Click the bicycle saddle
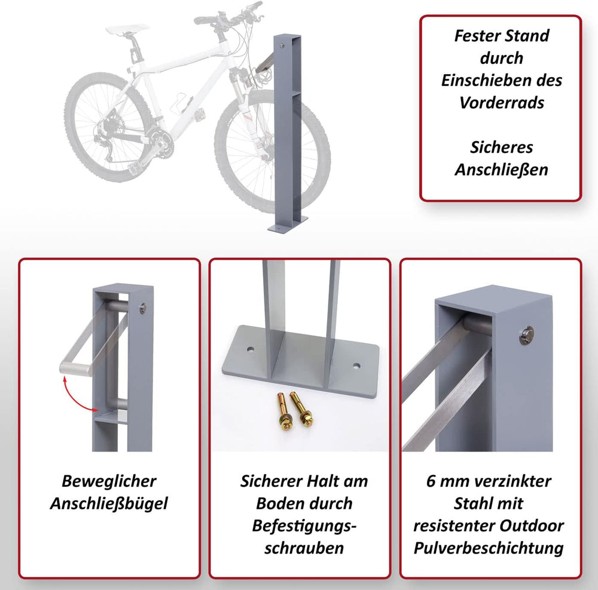click(127, 28)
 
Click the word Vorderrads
click(502, 103)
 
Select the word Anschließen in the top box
click(501, 170)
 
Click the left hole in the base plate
click(250, 349)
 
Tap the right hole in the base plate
click(356, 367)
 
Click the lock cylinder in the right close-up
click(527, 335)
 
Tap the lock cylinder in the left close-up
click(144, 308)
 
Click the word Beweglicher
click(109, 481)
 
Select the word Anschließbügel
click(109, 503)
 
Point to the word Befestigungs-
click(304, 526)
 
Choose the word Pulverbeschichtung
click(489, 548)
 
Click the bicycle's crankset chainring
click(161, 142)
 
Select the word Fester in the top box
click(477, 36)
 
